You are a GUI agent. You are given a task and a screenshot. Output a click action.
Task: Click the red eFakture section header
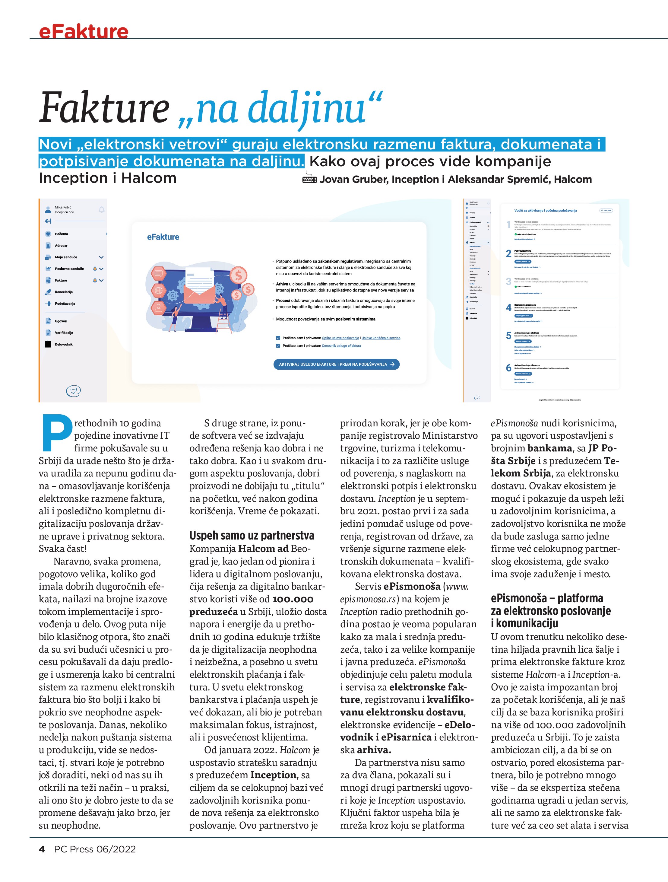[x=84, y=31]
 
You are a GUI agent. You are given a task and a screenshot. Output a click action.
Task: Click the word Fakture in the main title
[x=104, y=108]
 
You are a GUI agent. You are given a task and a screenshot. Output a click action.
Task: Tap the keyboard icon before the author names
[x=309, y=180]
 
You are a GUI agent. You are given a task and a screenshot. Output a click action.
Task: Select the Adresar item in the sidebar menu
[x=62, y=246]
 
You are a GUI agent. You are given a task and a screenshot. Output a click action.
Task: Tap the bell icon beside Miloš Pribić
[x=101, y=210]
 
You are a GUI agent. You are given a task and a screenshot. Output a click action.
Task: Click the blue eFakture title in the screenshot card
[x=163, y=237]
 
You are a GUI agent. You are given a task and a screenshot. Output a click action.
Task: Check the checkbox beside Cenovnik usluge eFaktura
[x=278, y=346]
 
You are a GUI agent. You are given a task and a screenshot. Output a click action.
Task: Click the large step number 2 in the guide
[x=508, y=253]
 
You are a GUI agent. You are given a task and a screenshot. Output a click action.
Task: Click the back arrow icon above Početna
[x=48, y=221]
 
